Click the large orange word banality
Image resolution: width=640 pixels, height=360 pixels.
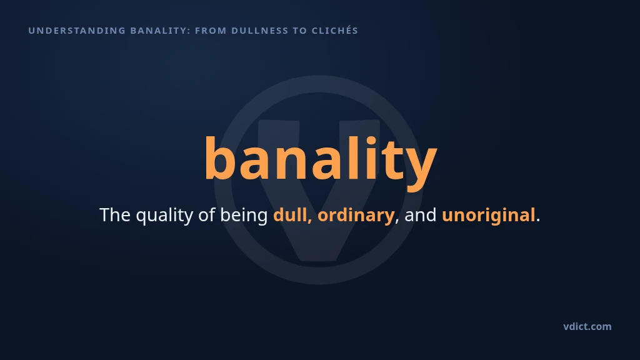pyautogui.click(x=321, y=160)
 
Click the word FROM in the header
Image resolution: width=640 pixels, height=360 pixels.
pyautogui.click(x=211, y=31)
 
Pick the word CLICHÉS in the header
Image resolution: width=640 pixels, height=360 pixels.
pyautogui.click(x=335, y=30)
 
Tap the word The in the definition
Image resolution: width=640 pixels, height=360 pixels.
pyautogui.click(x=115, y=215)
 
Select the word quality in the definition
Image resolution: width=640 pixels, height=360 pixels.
pyautogui.click(x=164, y=216)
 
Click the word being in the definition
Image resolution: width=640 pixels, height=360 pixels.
pyautogui.click(x=244, y=216)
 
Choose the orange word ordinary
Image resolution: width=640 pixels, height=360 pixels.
pyautogui.click(x=356, y=216)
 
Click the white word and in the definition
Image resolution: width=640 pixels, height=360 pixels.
pyautogui.click(x=421, y=215)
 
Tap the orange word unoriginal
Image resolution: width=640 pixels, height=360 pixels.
pyautogui.click(x=489, y=216)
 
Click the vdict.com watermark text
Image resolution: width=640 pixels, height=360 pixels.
pyautogui.click(x=587, y=326)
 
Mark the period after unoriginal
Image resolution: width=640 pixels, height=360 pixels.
pyautogui.click(x=538, y=221)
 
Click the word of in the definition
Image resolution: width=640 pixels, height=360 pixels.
pyautogui.click(x=206, y=215)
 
